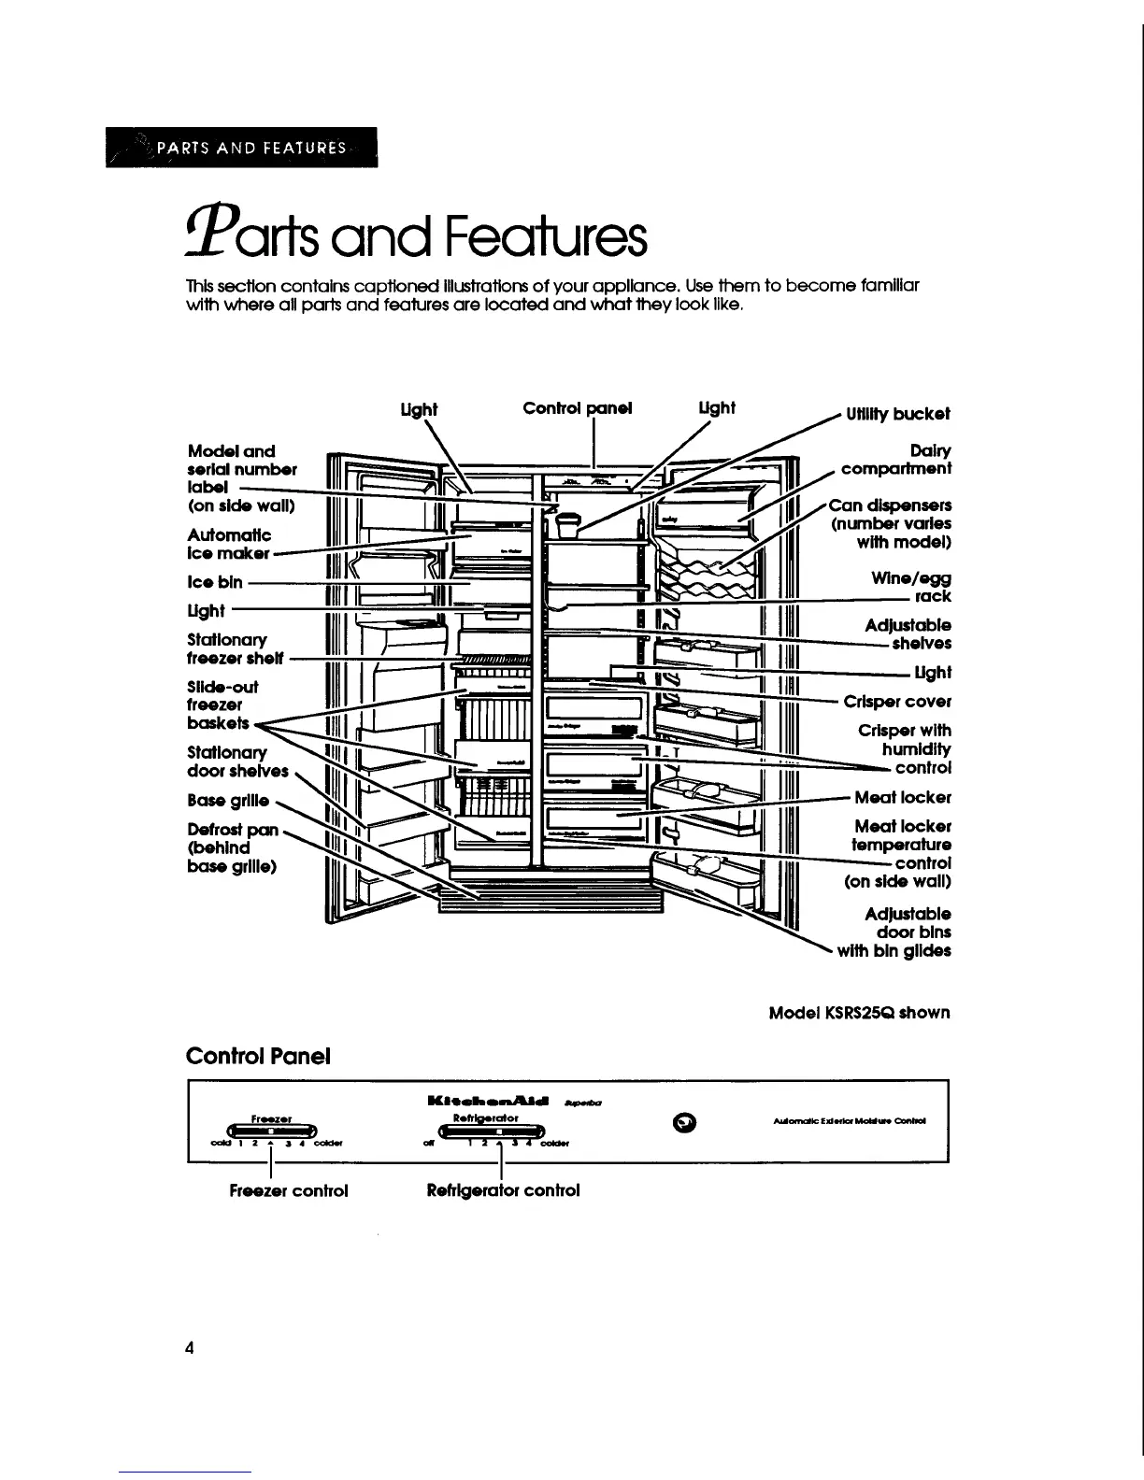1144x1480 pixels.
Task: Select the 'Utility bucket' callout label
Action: [897, 414]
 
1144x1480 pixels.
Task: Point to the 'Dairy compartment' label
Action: [895, 460]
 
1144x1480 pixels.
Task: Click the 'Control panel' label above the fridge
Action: [577, 408]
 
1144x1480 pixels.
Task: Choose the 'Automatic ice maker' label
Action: [229, 544]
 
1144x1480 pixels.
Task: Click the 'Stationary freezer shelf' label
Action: [235, 648]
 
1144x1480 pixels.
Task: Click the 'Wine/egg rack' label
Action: [910, 588]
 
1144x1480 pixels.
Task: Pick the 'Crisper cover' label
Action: [896, 701]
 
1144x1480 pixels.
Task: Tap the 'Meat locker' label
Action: [902, 798]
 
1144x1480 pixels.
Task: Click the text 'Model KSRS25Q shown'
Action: [858, 1013]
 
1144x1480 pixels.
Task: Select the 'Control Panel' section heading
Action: [259, 1056]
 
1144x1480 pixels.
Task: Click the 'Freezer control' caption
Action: [276, 1190]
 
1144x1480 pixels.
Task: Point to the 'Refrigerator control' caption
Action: [503, 1190]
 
